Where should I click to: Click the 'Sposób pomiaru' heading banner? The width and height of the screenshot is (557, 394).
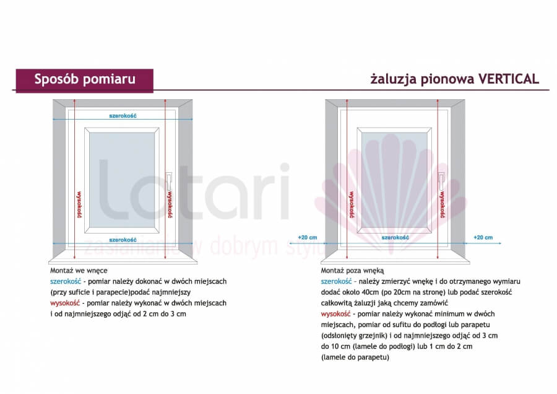click(85, 81)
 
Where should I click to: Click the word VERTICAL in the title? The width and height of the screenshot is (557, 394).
click(509, 79)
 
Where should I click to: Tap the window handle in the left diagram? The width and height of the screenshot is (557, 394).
click(169, 181)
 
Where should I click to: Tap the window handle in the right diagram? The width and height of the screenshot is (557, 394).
click(441, 181)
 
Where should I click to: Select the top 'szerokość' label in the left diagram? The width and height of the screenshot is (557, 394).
click(123, 116)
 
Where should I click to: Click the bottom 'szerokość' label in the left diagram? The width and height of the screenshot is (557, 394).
click(123, 240)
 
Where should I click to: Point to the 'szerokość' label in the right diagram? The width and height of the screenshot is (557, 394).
click(395, 237)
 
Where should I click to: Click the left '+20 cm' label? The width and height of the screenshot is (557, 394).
click(308, 237)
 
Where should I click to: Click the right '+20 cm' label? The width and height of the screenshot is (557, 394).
click(483, 237)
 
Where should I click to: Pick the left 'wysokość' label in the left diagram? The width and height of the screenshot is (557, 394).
click(79, 204)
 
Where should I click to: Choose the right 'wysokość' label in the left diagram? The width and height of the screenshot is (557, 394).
click(170, 204)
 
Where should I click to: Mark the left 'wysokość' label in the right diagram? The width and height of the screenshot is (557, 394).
click(352, 204)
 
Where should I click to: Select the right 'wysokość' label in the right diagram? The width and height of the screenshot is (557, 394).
click(443, 204)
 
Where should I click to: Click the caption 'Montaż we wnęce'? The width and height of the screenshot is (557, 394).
click(79, 271)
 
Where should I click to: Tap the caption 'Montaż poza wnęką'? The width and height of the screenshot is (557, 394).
click(352, 271)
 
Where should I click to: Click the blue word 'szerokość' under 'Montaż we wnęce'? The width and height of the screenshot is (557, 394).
click(66, 281)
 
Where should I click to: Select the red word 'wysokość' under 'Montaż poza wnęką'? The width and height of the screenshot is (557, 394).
click(335, 314)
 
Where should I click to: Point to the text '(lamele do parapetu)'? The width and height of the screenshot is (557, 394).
click(355, 357)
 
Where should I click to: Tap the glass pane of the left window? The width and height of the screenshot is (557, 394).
click(122, 180)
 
